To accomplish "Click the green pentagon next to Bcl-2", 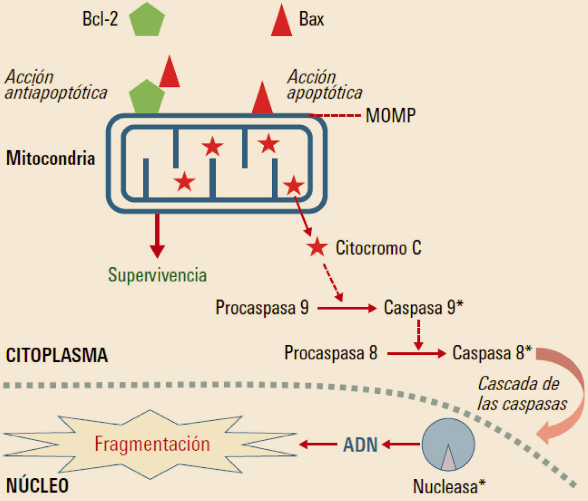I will [147, 20].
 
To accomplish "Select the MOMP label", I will [390, 116].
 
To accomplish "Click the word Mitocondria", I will [50, 158].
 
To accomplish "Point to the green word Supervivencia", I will [157, 275].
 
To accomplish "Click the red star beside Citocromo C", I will [317, 247].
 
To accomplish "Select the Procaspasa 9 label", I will [262, 308].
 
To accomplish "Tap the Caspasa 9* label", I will [423, 308].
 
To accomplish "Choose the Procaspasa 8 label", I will [331, 353].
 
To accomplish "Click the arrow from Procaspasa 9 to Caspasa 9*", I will [347, 309].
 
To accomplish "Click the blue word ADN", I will [360, 445].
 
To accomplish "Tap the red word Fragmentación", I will [152, 444].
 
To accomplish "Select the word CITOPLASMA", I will [57, 355].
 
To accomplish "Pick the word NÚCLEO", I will [37, 486].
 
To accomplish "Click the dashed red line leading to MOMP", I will [335, 116].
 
